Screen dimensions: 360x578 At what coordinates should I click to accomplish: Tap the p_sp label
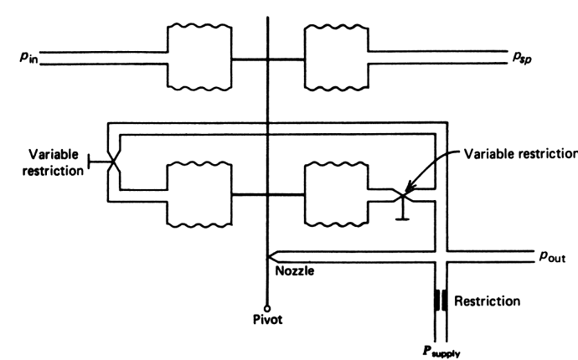tap(524, 58)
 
